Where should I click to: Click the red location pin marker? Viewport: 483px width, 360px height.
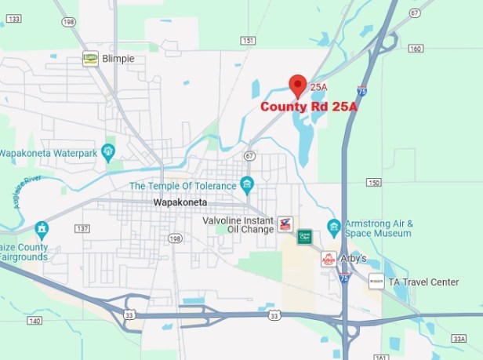(x=297, y=85)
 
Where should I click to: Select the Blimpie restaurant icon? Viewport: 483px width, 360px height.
(x=90, y=58)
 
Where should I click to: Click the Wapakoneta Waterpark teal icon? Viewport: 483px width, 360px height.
(x=108, y=151)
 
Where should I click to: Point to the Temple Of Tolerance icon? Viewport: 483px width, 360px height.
(x=248, y=185)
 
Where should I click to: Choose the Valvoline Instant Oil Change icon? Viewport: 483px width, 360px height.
(x=286, y=225)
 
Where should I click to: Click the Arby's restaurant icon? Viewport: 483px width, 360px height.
(x=329, y=259)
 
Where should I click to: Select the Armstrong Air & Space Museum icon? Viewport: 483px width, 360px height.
(x=333, y=227)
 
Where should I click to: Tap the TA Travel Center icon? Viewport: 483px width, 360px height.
(x=376, y=281)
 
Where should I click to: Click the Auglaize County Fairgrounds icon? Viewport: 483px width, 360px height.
(x=42, y=229)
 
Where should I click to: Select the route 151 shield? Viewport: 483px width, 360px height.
(x=248, y=41)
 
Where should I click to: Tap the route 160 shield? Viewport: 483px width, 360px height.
(x=415, y=49)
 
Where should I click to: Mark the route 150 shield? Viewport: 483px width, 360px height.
(x=374, y=183)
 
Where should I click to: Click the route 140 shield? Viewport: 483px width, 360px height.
(x=34, y=321)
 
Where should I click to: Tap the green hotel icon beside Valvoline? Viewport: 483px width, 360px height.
(x=304, y=236)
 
